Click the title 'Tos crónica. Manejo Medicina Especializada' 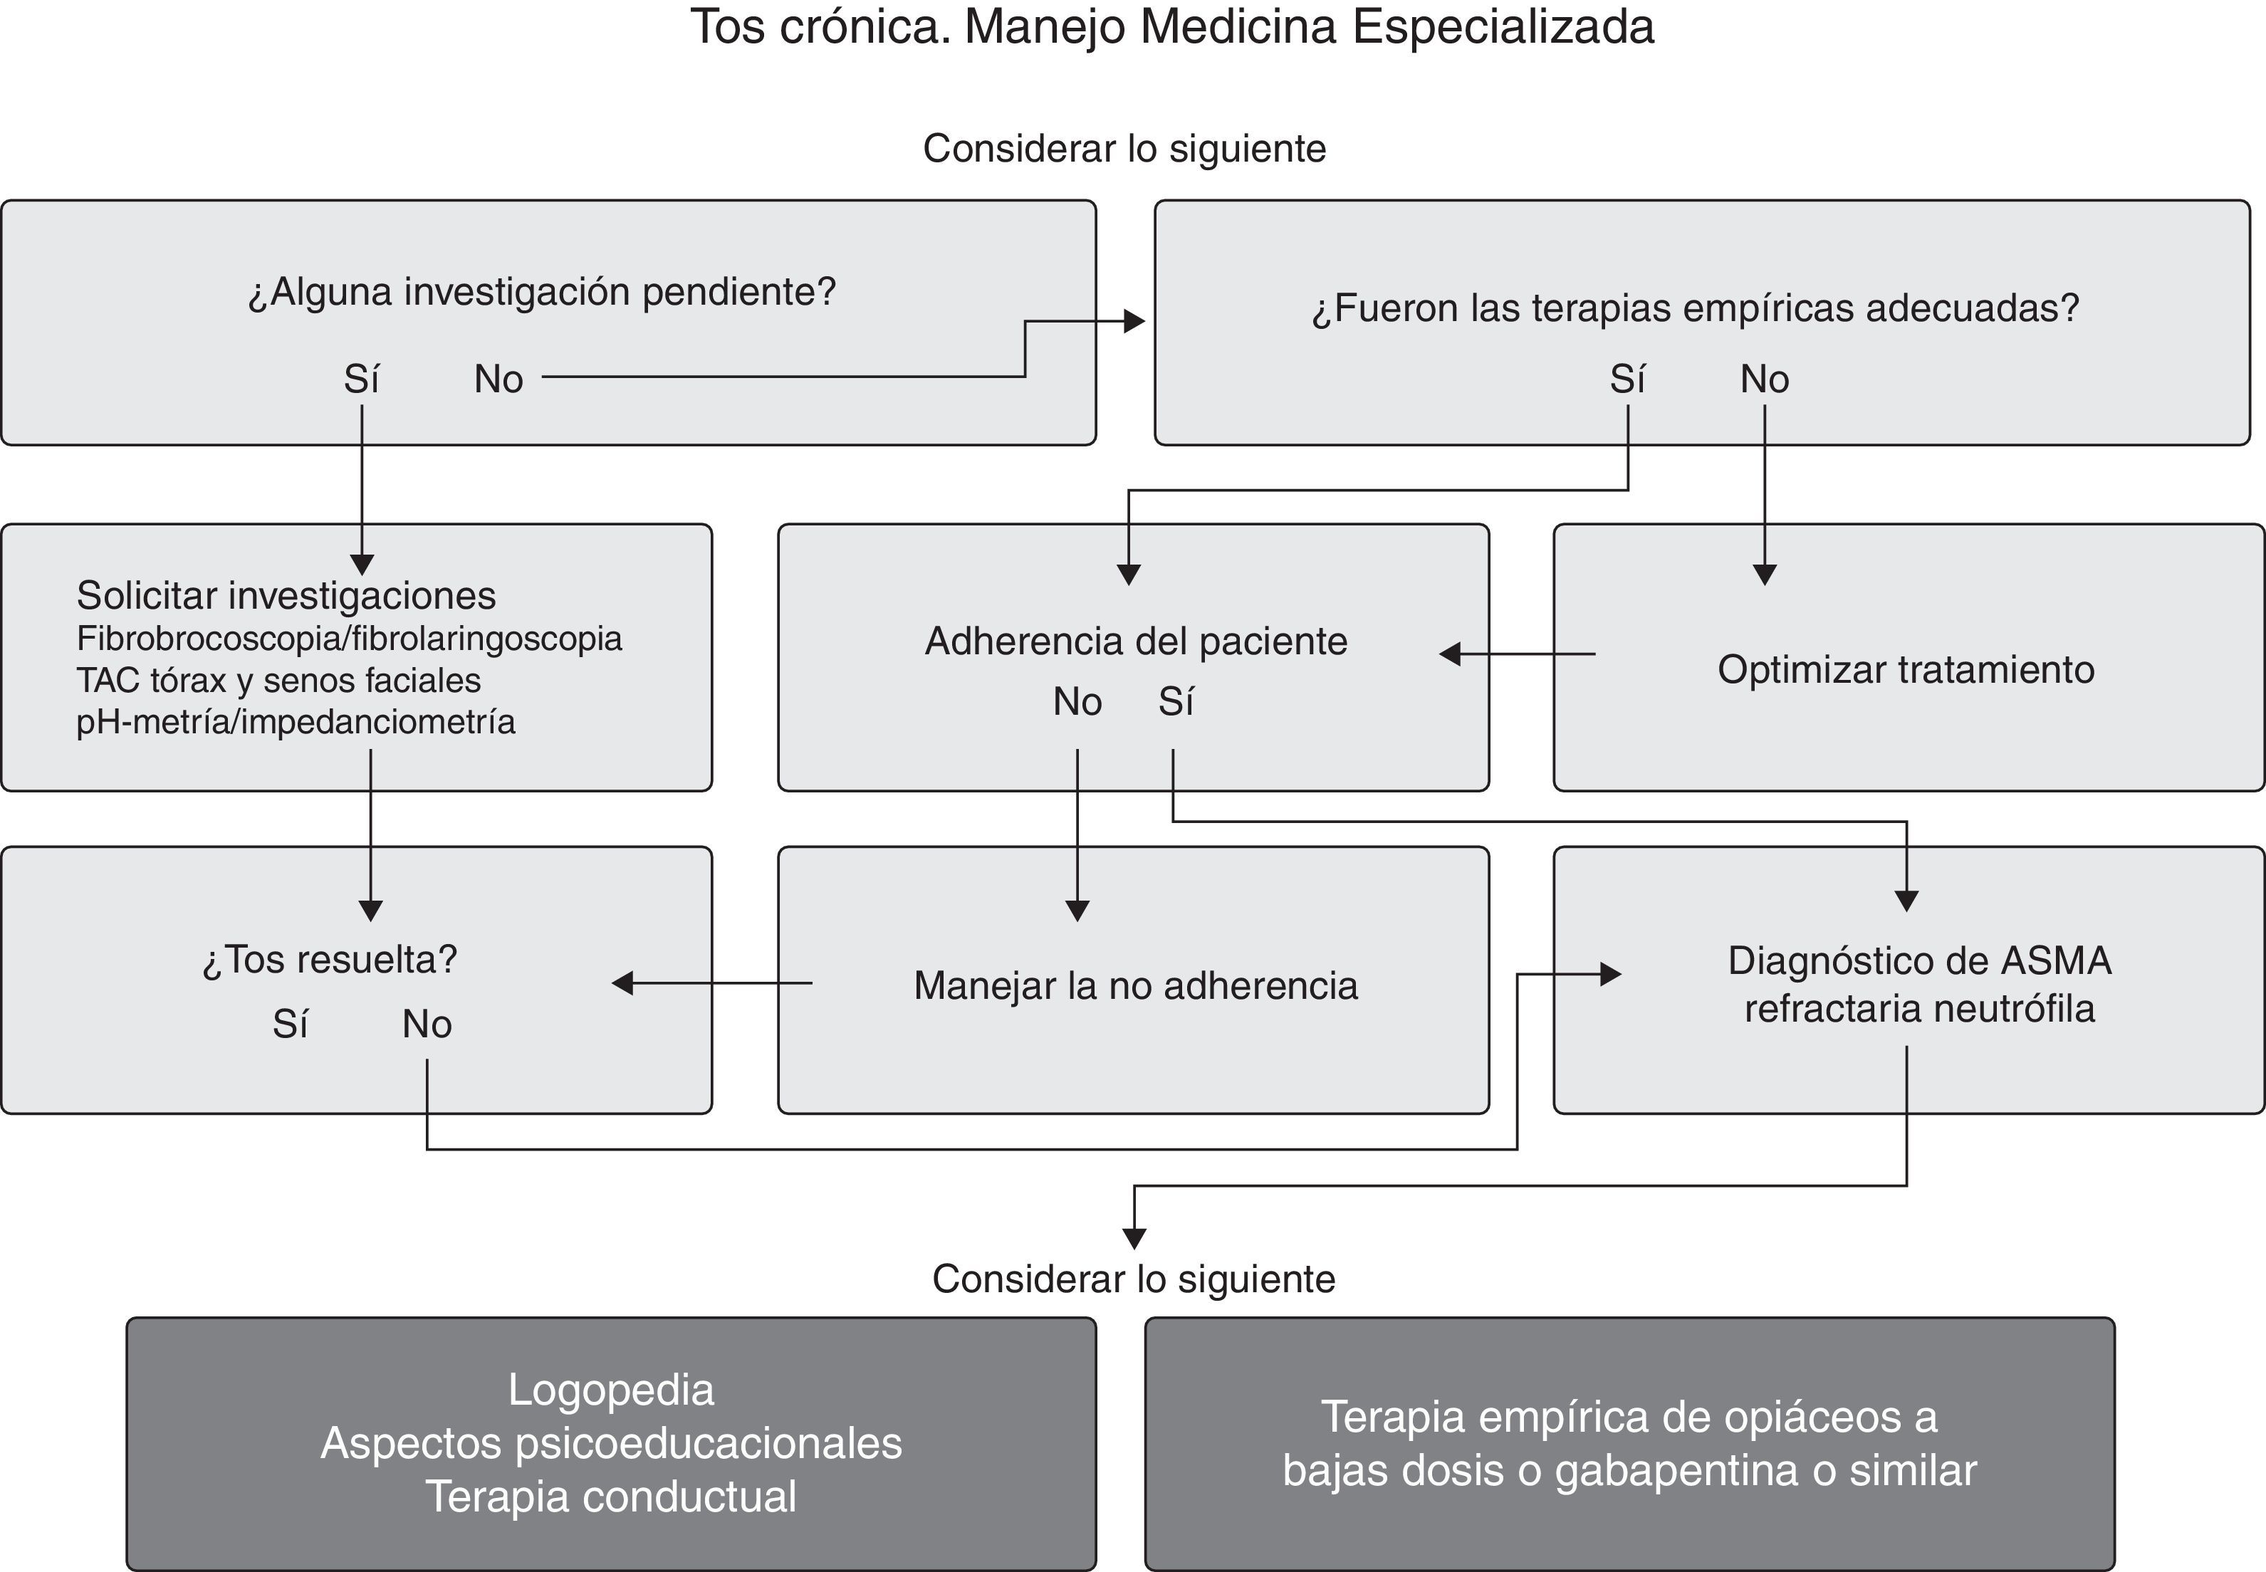click(x=1171, y=28)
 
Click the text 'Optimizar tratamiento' click(x=1906, y=670)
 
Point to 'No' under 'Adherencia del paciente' click(x=1077, y=702)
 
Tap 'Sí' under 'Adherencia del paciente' click(x=1175, y=702)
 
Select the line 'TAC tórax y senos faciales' click(x=279, y=681)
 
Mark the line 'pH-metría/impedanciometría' click(x=296, y=722)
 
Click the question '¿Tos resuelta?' click(x=330, y=959)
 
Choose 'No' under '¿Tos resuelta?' click(x=427, y=1025)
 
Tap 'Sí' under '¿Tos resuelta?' click(x=291, y=1025)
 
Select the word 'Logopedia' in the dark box click(x=611, y=1390)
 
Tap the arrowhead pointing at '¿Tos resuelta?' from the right click(x=622, y=983)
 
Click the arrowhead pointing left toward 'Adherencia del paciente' click(x=1449, y=654)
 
